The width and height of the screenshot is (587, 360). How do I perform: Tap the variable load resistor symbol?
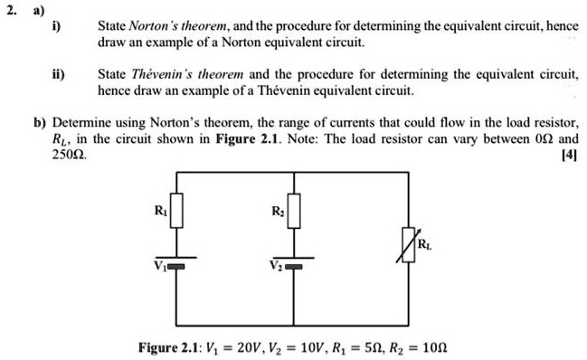[409, 242]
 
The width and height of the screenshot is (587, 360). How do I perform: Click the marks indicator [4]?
[569, 155]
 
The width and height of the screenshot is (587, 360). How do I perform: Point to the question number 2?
[10, 10]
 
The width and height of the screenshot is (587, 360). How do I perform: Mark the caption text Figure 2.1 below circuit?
[169, 348]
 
